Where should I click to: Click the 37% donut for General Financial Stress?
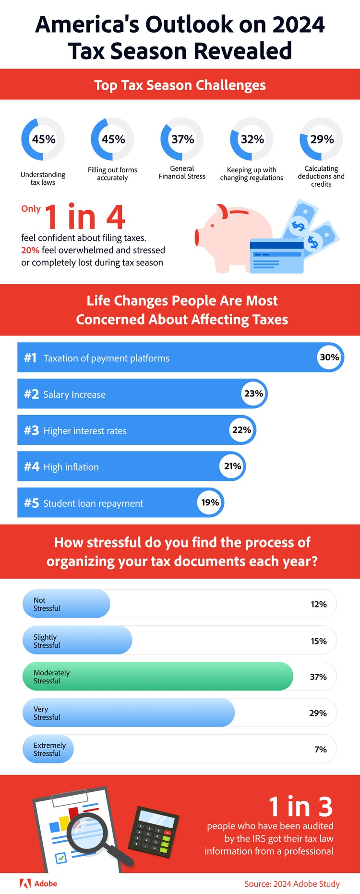(182, 139)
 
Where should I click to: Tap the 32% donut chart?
(252, 139)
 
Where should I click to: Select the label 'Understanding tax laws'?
(43, 179)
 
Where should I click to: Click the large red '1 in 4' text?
(85, 217)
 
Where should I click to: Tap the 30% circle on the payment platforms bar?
(329, 358)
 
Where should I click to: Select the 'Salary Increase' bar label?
(74, 394)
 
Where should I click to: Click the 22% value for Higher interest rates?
(241, 430)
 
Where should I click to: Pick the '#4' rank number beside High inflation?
(32, 467)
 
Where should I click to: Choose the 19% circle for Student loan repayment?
(210, 502)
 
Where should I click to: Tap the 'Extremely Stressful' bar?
(48, 749)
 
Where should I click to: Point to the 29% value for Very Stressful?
(318, 713)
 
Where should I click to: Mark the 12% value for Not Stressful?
(319, 604)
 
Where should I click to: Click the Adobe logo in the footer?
(38, 883)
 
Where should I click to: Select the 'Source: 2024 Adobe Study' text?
(292, 884)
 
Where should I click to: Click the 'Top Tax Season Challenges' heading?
(180, 85)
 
